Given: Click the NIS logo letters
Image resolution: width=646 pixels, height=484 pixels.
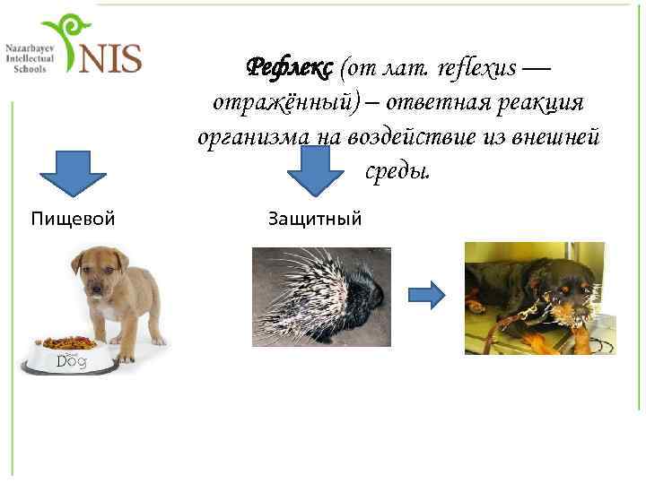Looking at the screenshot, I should [110, 57].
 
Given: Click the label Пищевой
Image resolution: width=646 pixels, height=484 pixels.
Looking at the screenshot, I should [73, 217].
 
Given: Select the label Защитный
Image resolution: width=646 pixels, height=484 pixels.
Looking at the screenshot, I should [314, 217].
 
